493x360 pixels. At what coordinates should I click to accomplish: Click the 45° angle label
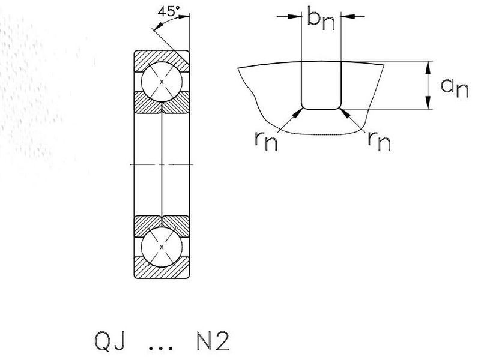pos(169,11)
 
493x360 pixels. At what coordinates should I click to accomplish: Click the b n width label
pos(321,20)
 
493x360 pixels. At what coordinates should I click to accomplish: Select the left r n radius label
pos(266,140)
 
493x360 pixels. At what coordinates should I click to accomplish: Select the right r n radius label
pos(379,140)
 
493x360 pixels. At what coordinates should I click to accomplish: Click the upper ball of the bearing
pos(162,82)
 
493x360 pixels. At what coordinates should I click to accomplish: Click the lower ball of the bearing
pos(162,247)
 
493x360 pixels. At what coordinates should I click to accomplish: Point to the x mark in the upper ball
pos(162,82)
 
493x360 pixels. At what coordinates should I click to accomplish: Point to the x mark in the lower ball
pos(162,247)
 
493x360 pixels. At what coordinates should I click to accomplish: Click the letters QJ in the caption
pos(110,341)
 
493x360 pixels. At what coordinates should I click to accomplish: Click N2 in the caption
pos(213,341)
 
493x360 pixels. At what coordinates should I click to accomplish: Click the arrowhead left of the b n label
pos(295,16)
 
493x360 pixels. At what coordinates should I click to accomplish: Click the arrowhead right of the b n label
pos(348,16)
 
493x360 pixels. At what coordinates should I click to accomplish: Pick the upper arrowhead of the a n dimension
pos(428,68)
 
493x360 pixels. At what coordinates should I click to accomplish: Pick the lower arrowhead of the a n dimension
pos(428,103)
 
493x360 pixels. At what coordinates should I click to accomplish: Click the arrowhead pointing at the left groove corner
pos(297,113)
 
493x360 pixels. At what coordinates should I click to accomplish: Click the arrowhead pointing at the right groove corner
pos(345,113)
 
